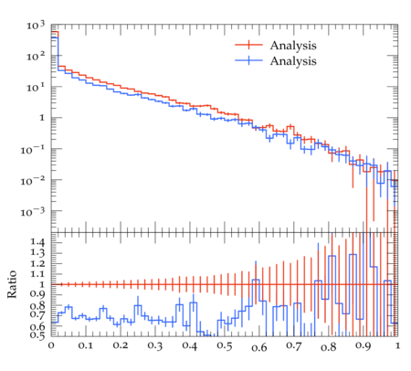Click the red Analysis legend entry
293,46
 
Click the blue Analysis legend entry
293,61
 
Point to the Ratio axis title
12,284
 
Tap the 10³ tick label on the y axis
36,26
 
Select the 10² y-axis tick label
36,56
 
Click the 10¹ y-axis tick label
36,88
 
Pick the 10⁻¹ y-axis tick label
32,150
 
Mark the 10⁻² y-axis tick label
32,181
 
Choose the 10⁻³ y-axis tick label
32,212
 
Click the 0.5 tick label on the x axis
224,346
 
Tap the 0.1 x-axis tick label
86,346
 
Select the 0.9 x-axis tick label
363,346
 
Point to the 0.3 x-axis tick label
155,346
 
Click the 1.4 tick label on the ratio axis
37,242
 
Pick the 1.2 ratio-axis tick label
37,263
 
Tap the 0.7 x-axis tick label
293,346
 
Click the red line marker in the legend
248,45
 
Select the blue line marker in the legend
248,60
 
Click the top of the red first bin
55,32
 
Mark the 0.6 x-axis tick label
258,346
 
